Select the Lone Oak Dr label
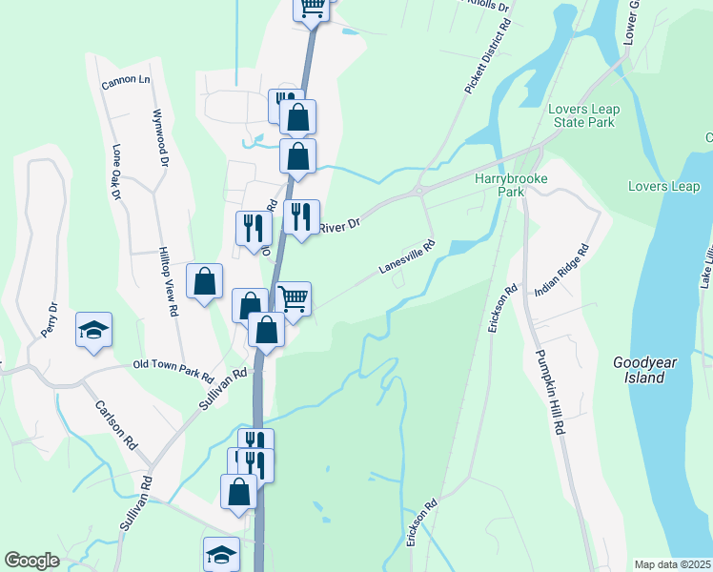point(117,173)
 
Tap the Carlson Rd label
point(116,424)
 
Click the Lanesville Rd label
point(406,256)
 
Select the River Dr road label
point(339,226)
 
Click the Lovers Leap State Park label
point(583,115)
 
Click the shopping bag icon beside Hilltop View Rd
point(204,281)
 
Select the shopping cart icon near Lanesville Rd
point(293,297)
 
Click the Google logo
point(31,561)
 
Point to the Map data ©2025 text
point(672,564)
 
